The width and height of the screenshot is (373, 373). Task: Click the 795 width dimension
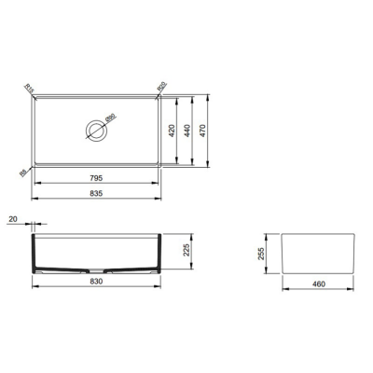coord(96,177)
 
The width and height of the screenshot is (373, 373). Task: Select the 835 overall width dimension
coord(96,193)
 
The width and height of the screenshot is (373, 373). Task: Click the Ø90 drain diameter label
coord(110,118)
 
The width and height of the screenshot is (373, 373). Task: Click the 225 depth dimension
coord(186,250)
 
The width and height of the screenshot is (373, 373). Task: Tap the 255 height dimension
coord(265,254)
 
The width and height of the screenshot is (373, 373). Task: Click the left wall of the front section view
coord(35,252)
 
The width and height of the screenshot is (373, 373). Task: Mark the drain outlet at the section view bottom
coord(111,270)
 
